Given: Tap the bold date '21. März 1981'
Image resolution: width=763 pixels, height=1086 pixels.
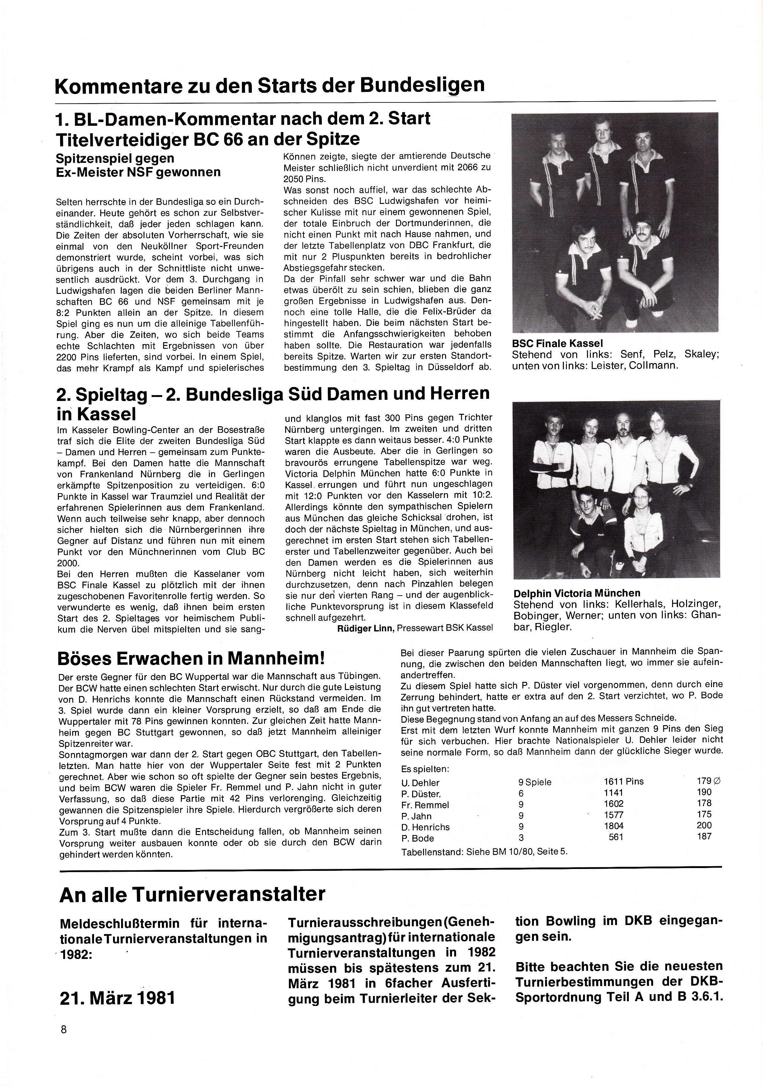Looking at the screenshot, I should tap(117, 998).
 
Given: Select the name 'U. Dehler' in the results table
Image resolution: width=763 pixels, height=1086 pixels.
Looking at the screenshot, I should tap(420, 783).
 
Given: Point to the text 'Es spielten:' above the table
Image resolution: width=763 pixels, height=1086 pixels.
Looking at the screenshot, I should tap(425, 769).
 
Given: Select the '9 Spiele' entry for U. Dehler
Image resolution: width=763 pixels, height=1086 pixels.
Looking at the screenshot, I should tap(535, 782).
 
